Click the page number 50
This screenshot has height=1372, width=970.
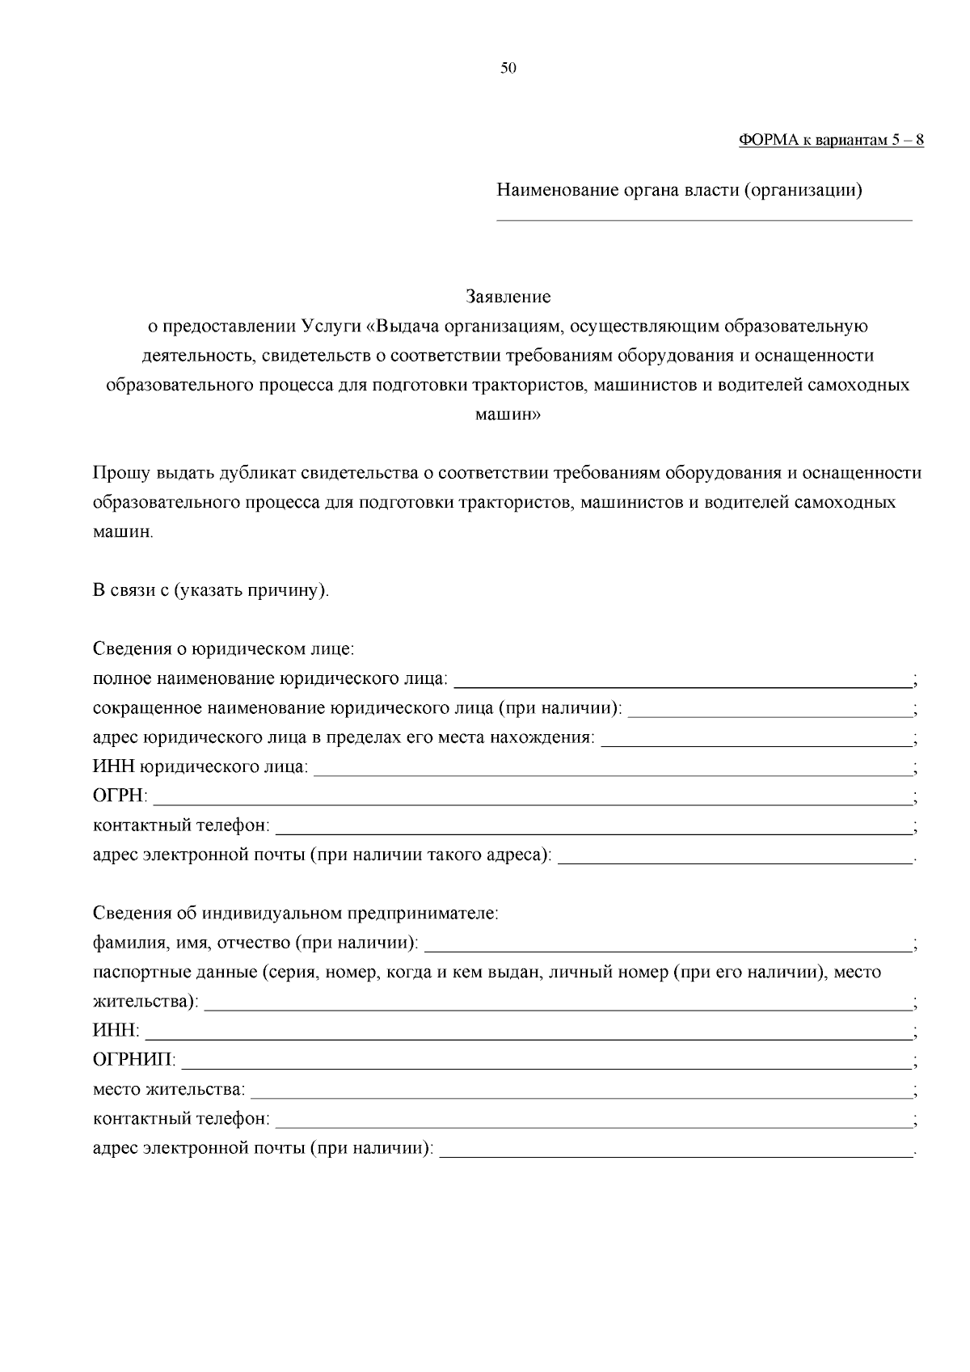pos(508,69)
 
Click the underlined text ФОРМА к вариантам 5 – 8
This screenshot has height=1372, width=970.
pos(831,140)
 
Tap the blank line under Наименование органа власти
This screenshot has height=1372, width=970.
pos(703,217)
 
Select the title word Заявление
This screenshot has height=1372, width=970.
pos(508,297)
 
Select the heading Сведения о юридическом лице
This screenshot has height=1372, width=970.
pos(224,648)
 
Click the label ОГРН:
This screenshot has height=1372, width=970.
pos(120,797)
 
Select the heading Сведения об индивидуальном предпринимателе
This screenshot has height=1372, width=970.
pos(296,914)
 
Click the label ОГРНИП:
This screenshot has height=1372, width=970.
pos(134,1059)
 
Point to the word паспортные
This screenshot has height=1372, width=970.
pos(133,973)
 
